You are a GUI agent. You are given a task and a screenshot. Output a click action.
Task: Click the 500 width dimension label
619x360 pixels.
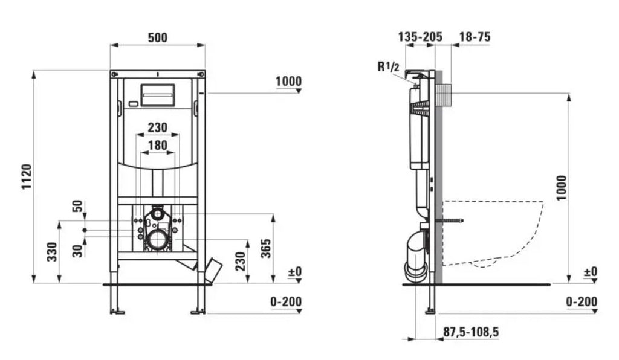click(158, 37)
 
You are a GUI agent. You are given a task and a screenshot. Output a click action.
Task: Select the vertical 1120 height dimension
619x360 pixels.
click(27, 176)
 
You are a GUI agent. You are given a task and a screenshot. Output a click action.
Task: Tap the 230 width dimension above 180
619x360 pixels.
click(158, 127)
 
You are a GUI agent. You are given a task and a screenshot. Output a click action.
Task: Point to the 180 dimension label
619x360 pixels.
click(158, 146)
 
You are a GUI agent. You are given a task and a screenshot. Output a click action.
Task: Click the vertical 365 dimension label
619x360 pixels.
click(267, 248)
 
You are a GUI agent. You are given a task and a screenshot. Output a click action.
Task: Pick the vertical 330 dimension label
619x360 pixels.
click(53, 251)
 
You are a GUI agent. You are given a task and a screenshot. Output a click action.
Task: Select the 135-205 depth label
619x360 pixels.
click(420, 37)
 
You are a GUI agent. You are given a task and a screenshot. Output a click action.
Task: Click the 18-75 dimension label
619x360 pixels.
click(475, 37)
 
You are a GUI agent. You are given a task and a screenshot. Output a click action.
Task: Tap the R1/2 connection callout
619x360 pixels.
click(389, 66)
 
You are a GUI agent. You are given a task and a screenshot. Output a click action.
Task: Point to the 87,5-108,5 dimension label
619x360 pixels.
click(471, 332)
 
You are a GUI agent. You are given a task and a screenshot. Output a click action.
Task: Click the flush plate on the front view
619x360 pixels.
click(158, 95)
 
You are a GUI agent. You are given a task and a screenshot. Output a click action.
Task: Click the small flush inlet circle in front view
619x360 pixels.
click(158, 214)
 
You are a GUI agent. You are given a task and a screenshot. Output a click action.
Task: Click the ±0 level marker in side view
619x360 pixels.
click(591, 272)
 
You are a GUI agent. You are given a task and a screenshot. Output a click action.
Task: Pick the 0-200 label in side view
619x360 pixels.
click(582, 302)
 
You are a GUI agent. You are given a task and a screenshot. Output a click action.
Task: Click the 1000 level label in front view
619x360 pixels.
click(288, 81)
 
